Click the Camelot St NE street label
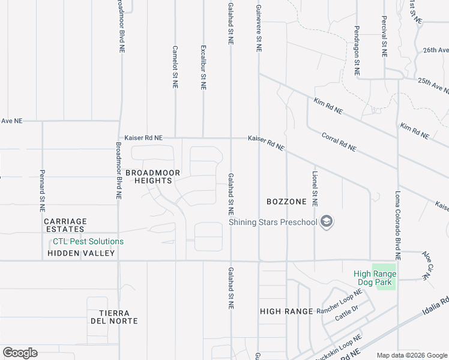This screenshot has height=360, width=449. click(x=175, y=68)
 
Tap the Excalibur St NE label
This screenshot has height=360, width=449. click(x=203, y=68)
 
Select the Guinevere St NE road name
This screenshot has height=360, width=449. click(x=259, y=29)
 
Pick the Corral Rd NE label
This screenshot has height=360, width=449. click(x=339, y=142)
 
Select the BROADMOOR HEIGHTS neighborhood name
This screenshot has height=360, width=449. click(x=152, y=176)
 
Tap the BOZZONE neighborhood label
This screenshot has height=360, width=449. click(x=287, y=202)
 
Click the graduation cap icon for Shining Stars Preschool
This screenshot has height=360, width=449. click(x=327, y=223)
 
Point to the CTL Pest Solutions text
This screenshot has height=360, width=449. click(x=88, y=242)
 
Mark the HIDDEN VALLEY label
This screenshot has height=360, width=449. click(x=81, y=254)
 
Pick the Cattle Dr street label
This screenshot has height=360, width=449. click(x=346, y=313)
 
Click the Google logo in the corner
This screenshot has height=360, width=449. click(x=20, y=353)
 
